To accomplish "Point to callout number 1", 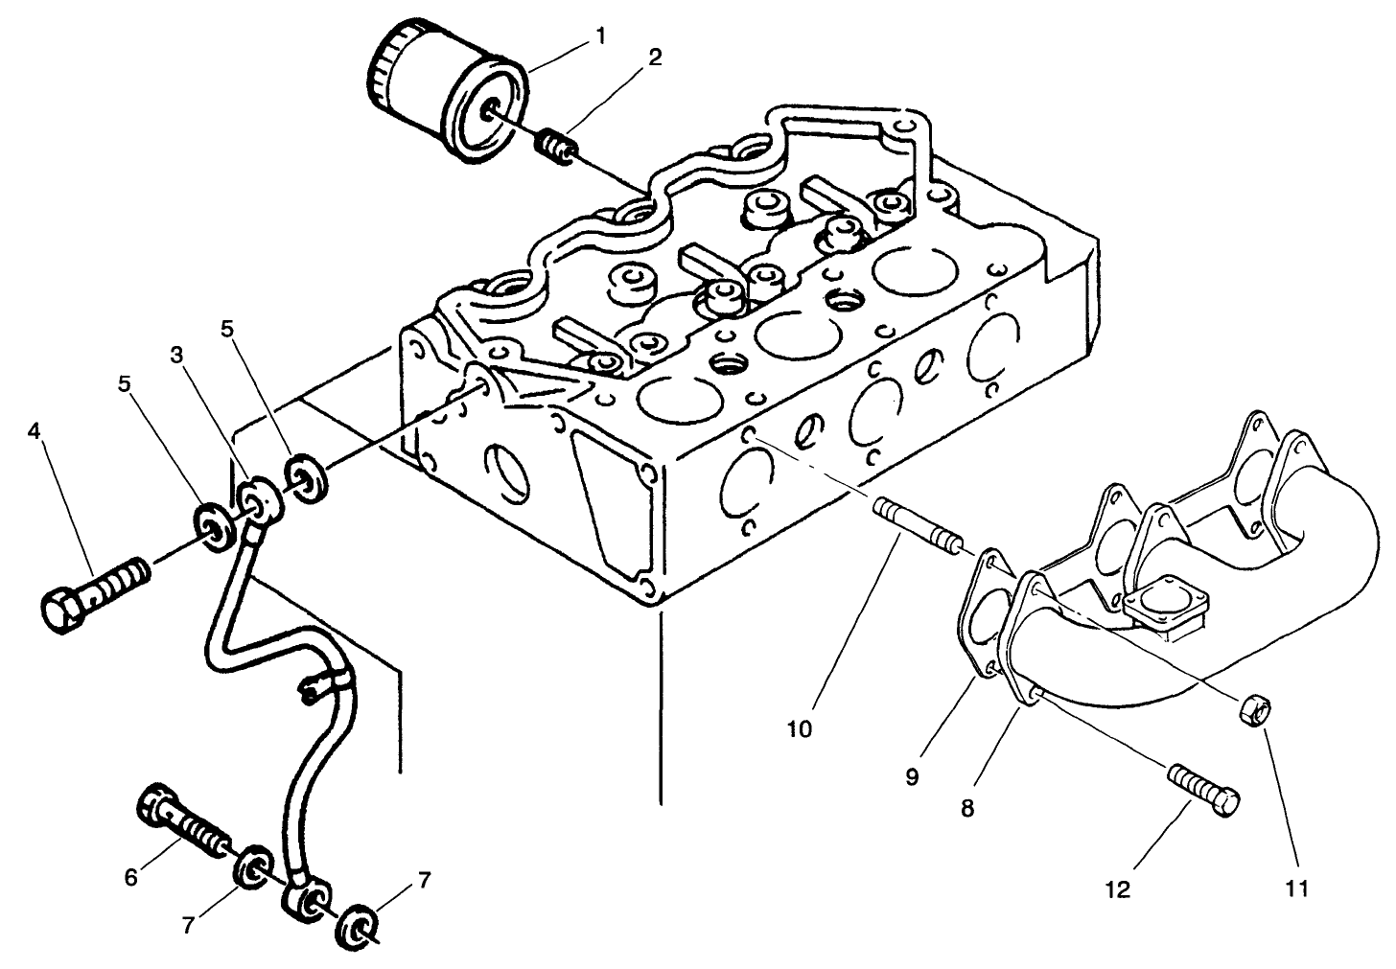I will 600,36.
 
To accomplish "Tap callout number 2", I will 655,57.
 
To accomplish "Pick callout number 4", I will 35,431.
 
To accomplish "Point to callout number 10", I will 799,728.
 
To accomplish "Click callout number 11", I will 1296,888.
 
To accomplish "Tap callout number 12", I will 1118,889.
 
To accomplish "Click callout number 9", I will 911,775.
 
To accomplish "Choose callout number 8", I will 966,808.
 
